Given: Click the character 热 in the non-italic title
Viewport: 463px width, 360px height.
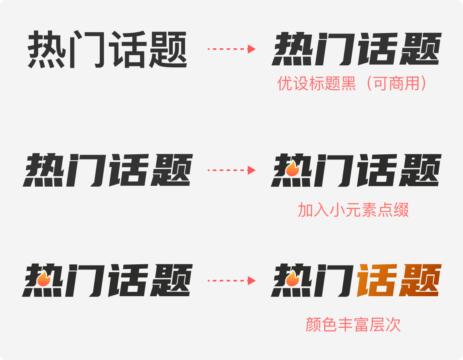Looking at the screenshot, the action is coord(47,49).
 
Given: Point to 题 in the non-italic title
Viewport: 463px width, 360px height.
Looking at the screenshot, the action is coord(168,49).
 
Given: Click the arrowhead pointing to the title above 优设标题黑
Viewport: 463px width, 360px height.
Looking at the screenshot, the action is coord(252,49).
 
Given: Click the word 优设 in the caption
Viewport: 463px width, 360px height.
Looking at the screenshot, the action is coord(292,83).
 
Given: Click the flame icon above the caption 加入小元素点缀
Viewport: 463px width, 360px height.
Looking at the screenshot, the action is coord(293,169).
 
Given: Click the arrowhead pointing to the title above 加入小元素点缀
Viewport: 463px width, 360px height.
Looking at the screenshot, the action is coord(252,170).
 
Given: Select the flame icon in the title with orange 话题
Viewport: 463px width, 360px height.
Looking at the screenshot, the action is coord(293,279).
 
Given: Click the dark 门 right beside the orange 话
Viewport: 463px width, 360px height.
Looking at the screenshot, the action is coord(334,280).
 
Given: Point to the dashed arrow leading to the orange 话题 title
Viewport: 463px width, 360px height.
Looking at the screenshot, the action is coord(231,281).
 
